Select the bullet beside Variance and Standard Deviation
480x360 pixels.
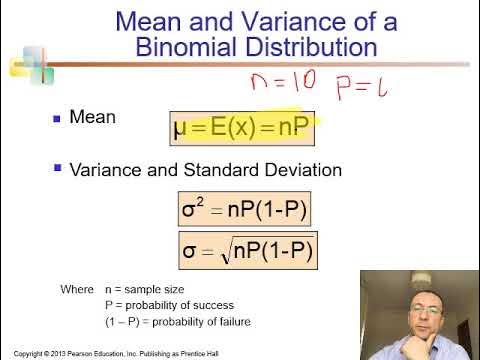point(56,171)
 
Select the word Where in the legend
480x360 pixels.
point(77,289)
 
